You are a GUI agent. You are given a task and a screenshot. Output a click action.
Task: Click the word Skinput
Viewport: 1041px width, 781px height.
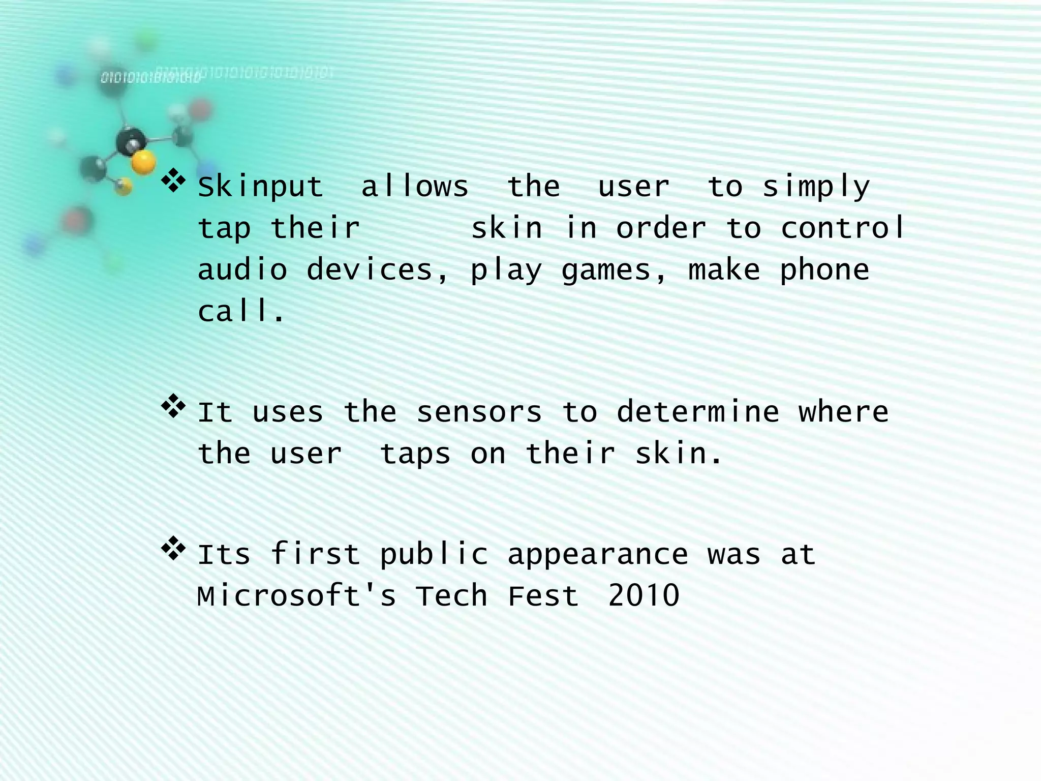tap(260, 187)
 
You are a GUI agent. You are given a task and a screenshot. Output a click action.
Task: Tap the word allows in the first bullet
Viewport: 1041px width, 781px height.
tap(415, 186)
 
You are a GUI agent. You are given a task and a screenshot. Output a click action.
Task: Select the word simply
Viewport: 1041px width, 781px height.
tap(816, 187)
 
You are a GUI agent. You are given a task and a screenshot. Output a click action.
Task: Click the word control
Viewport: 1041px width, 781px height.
tap(843, 228)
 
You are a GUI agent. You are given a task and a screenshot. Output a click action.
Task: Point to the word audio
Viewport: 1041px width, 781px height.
tap(242, 269)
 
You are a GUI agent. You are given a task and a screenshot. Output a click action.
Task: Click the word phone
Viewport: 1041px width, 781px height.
tap(824, 271)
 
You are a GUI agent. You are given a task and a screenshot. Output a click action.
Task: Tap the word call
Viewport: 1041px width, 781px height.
tap(241, 311)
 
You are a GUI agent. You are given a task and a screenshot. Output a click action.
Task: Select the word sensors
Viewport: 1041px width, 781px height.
tap(479, 412)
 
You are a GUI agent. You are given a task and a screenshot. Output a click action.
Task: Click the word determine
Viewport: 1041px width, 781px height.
tap(698, 412)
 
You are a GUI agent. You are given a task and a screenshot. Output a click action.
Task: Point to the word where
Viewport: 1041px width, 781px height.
tap(843, 412)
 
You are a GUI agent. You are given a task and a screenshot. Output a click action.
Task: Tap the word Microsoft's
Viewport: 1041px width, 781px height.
tap(296, 596)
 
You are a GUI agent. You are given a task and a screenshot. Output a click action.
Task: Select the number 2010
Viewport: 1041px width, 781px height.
tap(644, 596)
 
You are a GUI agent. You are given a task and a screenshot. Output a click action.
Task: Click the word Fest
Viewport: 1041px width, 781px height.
tap(543, 596)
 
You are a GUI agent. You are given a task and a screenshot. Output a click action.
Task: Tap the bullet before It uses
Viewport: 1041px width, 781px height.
tap(173, 407)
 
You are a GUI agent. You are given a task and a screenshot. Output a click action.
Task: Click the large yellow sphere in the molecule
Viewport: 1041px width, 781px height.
tap(143, 163)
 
